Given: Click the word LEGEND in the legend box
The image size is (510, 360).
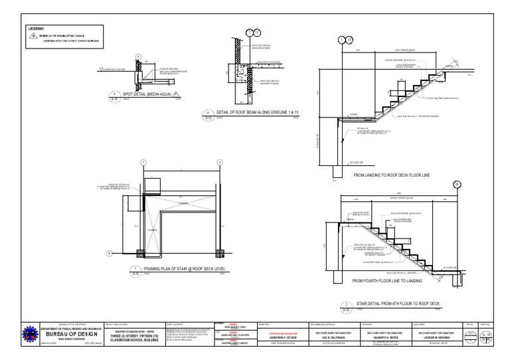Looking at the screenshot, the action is click(x=35, y=29).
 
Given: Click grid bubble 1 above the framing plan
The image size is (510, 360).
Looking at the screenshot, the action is click(x=143, y=162).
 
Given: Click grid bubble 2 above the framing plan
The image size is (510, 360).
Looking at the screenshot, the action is click(x=219, y=162).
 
